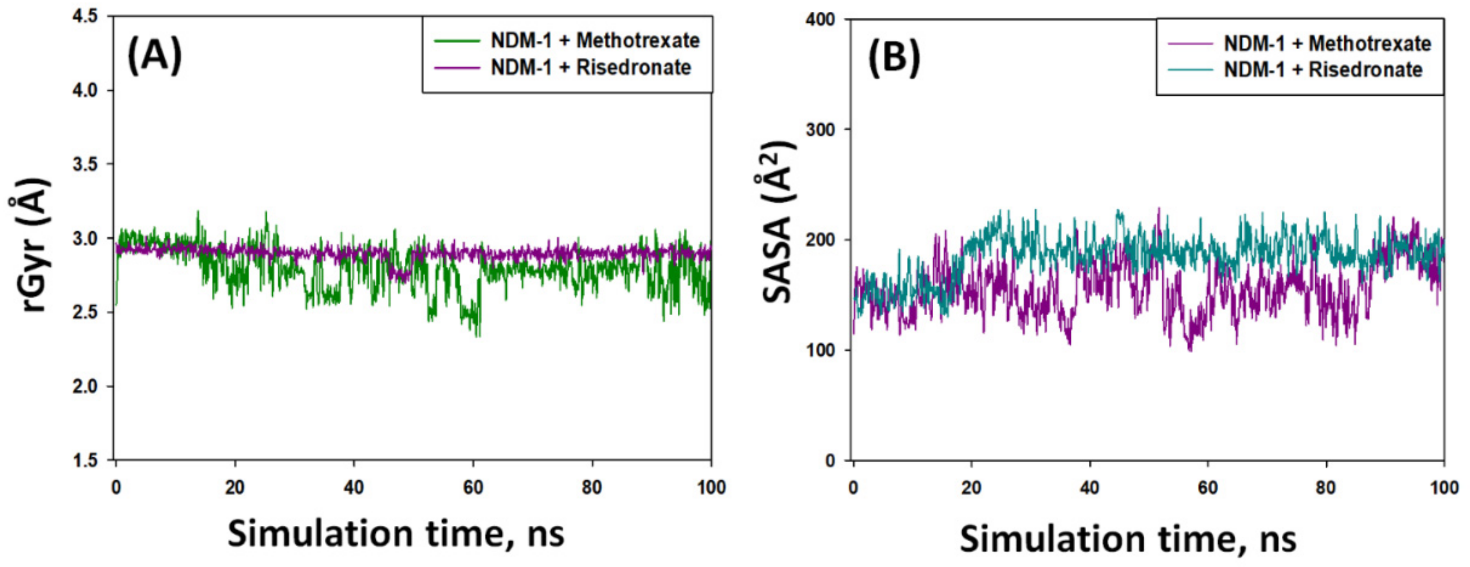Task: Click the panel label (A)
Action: pos(154,55)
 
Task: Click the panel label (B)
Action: pos(894,58)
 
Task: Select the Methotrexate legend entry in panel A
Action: pos(595,40)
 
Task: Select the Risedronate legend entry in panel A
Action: pos(591,67)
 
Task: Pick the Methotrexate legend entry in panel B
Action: pos(1327,44)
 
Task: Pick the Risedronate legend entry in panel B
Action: pos(1323,69)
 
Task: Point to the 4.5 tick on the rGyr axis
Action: pos(86,16)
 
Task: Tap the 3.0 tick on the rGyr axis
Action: pos(86,238)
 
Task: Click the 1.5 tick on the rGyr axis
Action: pos(86,460)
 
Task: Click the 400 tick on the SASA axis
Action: pos(820,19)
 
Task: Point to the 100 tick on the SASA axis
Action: pos(820,350)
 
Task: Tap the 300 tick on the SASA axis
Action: pos(820,129)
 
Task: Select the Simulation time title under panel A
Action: pos(396,534)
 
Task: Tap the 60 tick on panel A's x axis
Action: pos(473,488)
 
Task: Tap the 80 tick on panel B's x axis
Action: pos(1326,488)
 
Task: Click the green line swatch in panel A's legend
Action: pos(456,40)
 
